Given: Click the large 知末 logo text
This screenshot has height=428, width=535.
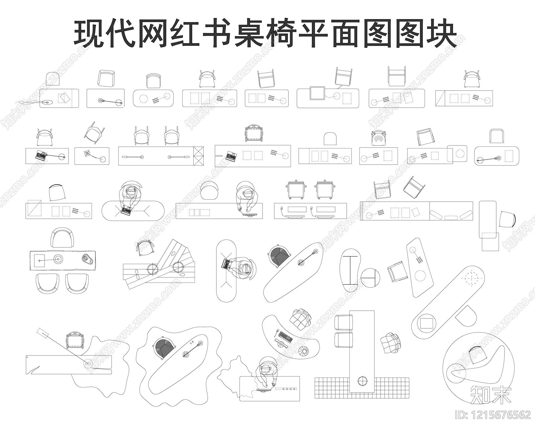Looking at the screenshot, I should (491, 395).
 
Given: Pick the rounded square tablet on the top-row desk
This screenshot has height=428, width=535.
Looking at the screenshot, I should (317, 93).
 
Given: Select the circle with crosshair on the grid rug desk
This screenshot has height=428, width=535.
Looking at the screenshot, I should (361, 381).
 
